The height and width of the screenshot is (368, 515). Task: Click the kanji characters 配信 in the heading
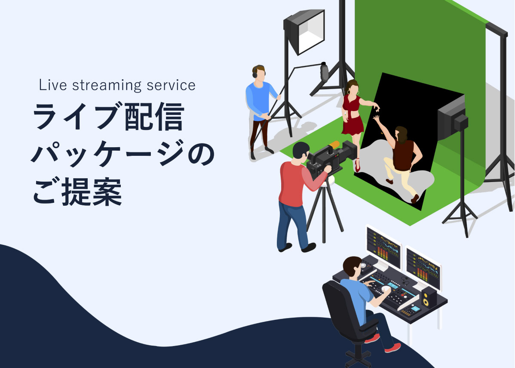click(154, 116)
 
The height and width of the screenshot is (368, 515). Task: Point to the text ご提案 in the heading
click(77, 192)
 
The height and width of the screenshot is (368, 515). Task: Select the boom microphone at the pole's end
click(325, 72)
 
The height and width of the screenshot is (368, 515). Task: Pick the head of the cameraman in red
click(300, 151)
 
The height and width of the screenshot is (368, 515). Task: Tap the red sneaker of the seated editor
click(393, 348)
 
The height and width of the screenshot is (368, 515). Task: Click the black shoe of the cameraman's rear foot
click(285, 247)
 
